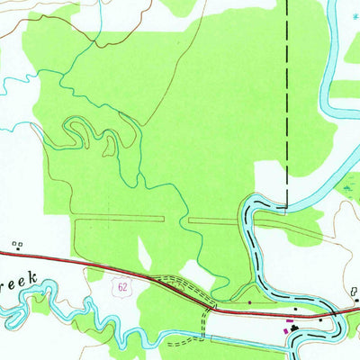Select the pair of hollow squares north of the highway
(16, 243)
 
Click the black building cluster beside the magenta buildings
(297, 331)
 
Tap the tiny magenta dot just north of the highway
(249, 303)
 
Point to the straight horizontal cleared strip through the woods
(126, 218)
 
